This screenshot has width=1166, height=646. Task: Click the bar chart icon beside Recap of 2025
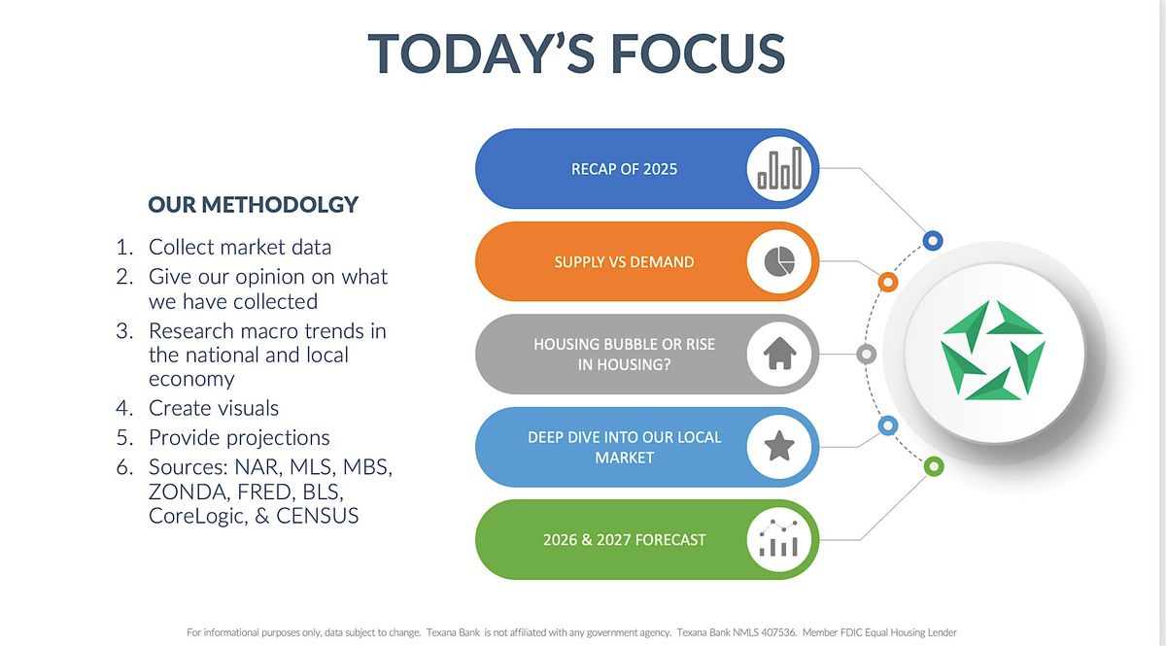point(779,168)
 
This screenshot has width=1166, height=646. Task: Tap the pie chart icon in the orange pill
point(779,261)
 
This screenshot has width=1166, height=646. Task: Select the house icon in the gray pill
point(779,354)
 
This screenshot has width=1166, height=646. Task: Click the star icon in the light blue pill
point(779,446)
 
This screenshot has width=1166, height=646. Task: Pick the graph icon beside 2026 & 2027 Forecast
point(778,538)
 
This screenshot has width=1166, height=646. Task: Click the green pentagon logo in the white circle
point(993,351)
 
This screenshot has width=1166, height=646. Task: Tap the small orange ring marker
point(888,282)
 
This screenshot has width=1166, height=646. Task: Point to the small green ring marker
point(934,466)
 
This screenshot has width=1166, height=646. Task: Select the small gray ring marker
point(866,355)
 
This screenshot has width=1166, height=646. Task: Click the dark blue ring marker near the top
point(933,241)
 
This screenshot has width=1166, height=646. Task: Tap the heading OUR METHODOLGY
point(253,205)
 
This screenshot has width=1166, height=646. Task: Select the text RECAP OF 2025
point(624,169)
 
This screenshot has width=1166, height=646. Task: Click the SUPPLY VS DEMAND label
point(624,262)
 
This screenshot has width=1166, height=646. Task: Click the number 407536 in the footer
point(777,632)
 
